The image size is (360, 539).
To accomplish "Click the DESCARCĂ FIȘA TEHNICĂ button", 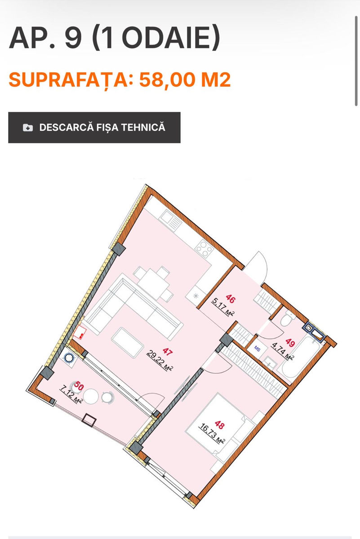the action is tap(94, 127).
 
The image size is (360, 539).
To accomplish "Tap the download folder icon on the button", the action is tap(28, 128).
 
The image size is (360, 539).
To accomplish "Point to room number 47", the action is tap(168, 352).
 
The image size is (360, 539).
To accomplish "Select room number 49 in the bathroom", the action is tap(290, 342).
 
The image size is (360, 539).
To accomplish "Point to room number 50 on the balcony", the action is tap(79, 386).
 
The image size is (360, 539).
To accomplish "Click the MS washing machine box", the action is tap(257, 349).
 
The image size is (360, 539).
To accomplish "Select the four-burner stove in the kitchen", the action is tap(204, 249).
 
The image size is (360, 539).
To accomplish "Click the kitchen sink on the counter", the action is tap(171, 220).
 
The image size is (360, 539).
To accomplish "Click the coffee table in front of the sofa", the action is tap(128, 342).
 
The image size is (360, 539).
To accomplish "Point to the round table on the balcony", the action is tap(91, 396).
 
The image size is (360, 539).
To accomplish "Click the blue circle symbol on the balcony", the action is tap(69, 358).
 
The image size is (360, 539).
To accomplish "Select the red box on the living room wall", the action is tap(80, 332).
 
